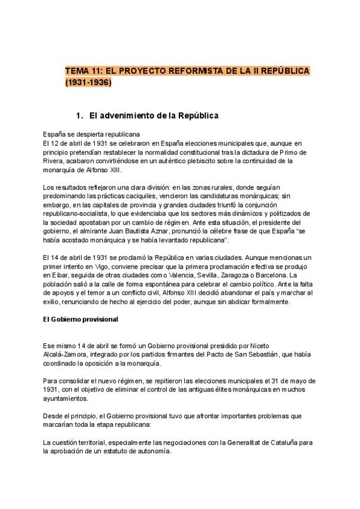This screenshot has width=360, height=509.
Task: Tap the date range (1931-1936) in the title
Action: point(88,83)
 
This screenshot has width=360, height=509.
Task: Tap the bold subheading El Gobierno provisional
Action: point(80,319)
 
